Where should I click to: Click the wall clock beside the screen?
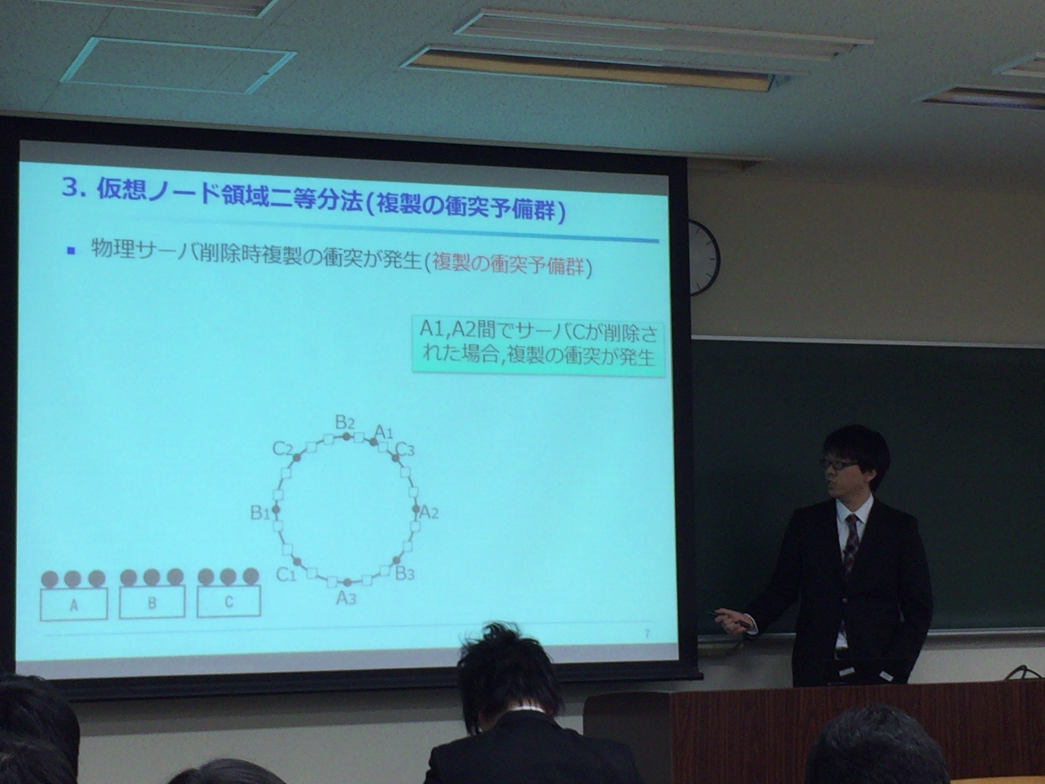(704, 257)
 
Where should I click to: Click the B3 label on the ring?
(405, 574)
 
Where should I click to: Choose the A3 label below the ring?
(346, 598)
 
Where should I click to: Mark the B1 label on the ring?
(260, 513)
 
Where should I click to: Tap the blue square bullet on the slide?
(71, 251)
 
